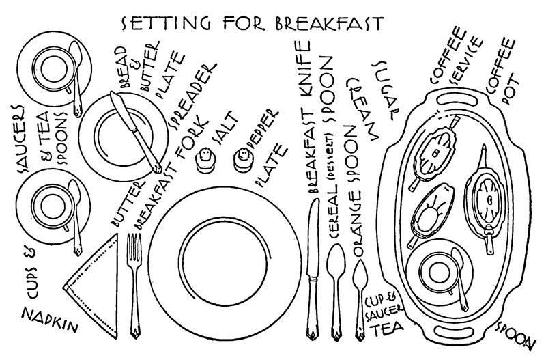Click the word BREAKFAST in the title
click(x=328, y=23)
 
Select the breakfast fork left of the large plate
click(x=134, y=285)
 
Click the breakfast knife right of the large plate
click(x=313, y=269)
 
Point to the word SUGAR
click(x=387, y=90)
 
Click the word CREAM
click(x=362, y=109)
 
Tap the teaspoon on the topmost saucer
click(x=76, y=77)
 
